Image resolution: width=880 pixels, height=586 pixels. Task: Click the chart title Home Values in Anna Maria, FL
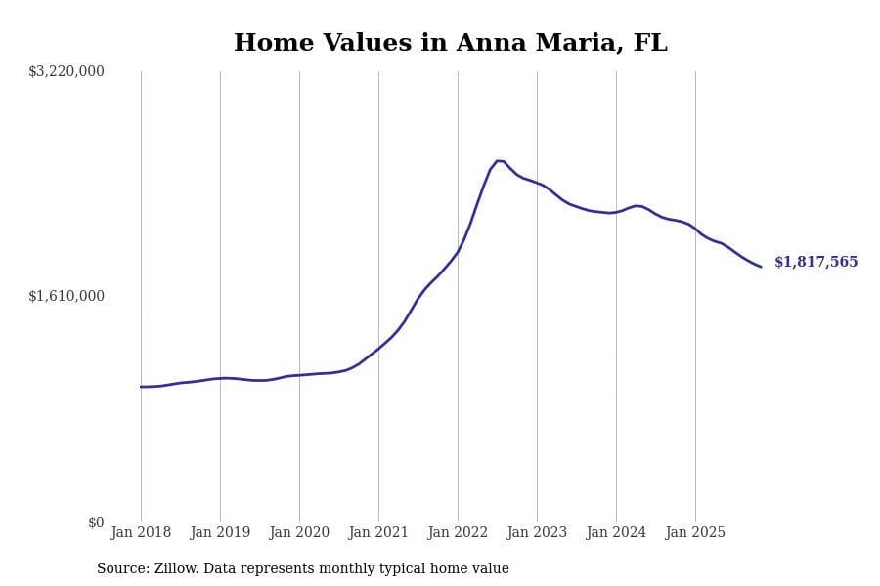click(450, 43)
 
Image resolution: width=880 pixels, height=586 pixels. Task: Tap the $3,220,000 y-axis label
click(66, 71)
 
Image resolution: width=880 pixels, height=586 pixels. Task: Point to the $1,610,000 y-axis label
click(66, 296)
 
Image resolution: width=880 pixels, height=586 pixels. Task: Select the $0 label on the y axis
click(96, 523)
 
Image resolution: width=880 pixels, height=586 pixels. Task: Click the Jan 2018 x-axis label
click(141, 532)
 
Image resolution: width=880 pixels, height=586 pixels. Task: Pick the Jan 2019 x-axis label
click(220, 532)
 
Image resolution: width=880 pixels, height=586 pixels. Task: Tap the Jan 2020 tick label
click(299, 532)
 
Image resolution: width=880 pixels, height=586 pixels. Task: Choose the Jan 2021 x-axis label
click(378, 532)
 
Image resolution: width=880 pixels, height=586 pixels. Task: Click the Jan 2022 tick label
click(458, 532)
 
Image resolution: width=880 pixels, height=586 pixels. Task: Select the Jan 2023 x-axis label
click(537, 532)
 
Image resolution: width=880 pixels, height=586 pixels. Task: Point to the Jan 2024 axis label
click(616, 532)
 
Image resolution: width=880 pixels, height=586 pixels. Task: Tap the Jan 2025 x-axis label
click(695, 532)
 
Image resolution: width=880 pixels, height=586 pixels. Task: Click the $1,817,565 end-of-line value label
click(815, 262)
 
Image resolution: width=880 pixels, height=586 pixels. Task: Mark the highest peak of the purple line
click(498, 160)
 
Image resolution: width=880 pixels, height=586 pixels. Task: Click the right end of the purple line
click(761, 267)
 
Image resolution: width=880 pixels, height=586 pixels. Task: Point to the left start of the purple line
click(141, 387)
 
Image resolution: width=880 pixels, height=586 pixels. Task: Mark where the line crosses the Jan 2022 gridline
click(458, 251)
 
